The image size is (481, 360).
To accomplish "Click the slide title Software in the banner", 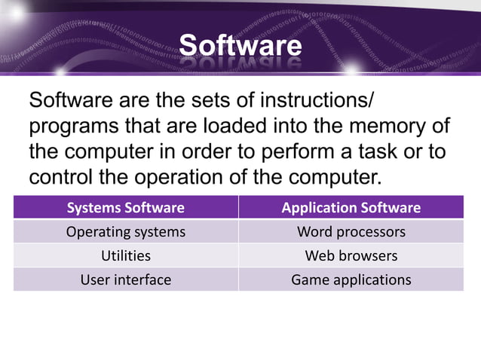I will coord(240,46).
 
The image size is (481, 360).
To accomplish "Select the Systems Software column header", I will coord(125,207).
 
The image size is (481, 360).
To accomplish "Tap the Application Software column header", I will coord(351,207).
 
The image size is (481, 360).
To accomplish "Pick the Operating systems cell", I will coord(125,231).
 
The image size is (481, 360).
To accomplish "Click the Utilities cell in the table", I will coord(125,255).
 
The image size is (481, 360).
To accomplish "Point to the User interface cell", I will coord(125,279).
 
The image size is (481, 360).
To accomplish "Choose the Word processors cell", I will coord(351,231).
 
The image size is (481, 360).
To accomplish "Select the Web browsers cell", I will coord(351,255).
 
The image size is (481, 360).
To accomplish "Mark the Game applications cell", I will coord(351,279).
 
